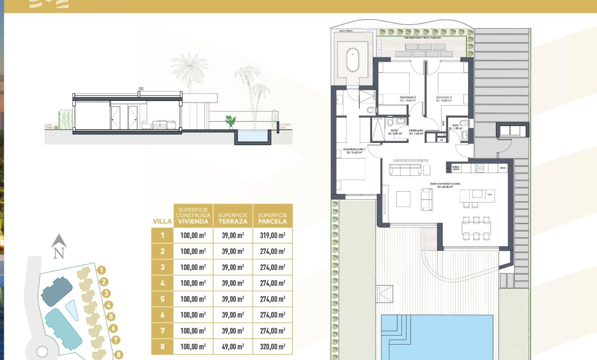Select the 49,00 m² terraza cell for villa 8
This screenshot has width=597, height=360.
click(233, 347)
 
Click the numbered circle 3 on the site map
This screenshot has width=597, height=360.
click(106, 293)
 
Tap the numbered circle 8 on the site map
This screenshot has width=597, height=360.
click(119, 355)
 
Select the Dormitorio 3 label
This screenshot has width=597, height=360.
click(445, 97)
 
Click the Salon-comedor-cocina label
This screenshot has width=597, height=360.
click(445, 183)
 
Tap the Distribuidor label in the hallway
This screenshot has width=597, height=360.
click(416, 130)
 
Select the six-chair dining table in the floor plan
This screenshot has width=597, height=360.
click(476, 227)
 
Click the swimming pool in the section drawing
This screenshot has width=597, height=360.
click(253, 136)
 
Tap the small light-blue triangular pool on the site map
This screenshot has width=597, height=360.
click(72, 310)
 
